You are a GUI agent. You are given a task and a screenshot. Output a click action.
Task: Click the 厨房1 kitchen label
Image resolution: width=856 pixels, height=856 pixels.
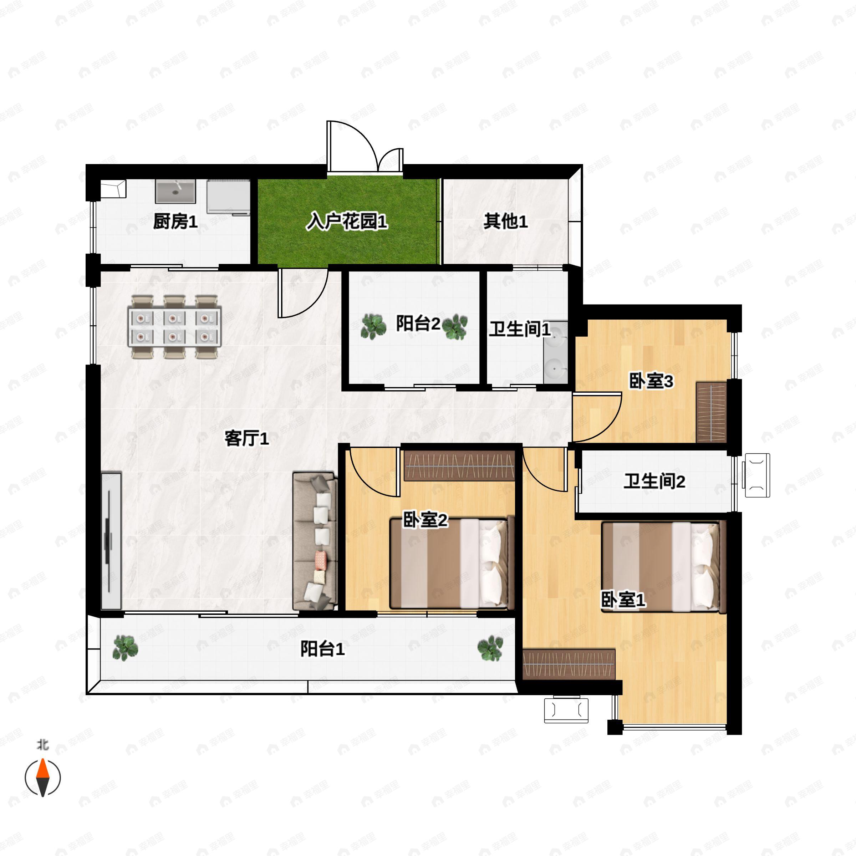(175, 221)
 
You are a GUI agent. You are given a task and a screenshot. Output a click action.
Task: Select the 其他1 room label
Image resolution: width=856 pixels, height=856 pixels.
(505, 221)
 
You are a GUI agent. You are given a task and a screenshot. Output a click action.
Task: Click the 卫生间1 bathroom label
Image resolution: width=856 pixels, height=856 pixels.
(519, 329)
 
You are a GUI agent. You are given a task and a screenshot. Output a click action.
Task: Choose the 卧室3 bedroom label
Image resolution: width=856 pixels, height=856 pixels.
(651, 381)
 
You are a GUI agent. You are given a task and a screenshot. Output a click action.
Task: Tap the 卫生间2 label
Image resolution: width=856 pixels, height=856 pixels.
(654, 481)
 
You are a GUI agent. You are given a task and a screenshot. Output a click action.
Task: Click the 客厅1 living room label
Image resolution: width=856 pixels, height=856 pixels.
(246, 439)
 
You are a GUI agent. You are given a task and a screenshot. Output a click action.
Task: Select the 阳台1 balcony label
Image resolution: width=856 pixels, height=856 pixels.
(322, 649)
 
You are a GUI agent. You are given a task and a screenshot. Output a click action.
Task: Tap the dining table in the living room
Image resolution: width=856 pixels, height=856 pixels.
(174, 327)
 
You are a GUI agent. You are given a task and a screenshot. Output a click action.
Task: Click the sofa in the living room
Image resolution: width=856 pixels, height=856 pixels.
(314, 541)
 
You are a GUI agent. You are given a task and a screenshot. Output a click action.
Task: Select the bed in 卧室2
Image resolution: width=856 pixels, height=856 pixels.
(451, 564)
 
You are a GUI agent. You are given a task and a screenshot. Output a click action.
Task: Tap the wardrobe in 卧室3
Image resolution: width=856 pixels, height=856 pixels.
(711, 412)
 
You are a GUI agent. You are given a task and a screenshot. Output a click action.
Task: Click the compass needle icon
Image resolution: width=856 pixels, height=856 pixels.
(42, 778)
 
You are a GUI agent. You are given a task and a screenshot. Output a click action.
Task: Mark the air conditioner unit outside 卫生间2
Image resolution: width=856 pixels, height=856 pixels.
(757, 475)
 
